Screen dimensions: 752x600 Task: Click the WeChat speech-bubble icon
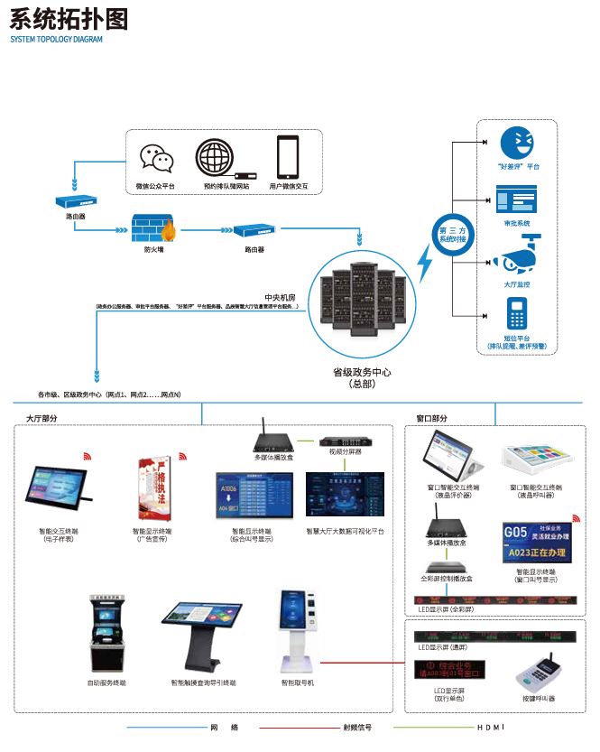click(x=155, y=159)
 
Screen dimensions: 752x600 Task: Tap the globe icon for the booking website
click(x=215, y=159)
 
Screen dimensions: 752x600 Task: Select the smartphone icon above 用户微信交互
click(x=288, y=157)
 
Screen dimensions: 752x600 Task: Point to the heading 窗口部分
click(x=431, y=418)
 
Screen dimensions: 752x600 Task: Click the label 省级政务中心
click(x=361, y=372)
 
